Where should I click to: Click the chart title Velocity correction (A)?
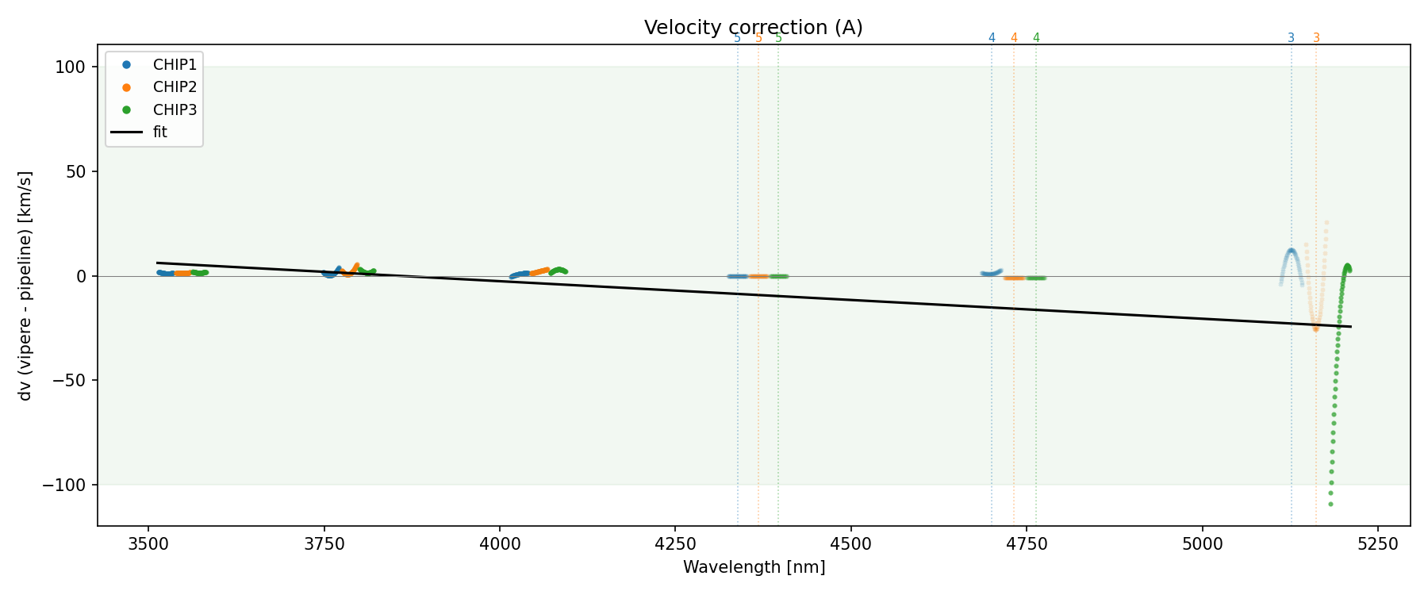[753, 28]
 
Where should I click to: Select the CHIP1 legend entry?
[175, 64]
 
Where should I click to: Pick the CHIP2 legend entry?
[175, 87]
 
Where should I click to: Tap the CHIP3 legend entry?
[175, 110]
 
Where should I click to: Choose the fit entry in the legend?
[160, 132]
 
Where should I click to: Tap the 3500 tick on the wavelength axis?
[148, 543]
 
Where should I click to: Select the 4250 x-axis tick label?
[674, 543]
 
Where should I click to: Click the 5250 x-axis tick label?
[1377, 543]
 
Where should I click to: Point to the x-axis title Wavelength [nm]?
[754, 567]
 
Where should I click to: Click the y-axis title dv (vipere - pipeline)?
[25, 286]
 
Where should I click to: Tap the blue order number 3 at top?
[1291, 38]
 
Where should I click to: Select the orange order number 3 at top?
[1316, 38]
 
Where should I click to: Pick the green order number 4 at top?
[1036, 38]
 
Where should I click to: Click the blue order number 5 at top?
[737, 38]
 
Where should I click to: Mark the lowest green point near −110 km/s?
[1330, 504]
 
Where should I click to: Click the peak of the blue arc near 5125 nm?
[1291, 251]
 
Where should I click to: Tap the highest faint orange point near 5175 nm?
[1326, 223]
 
